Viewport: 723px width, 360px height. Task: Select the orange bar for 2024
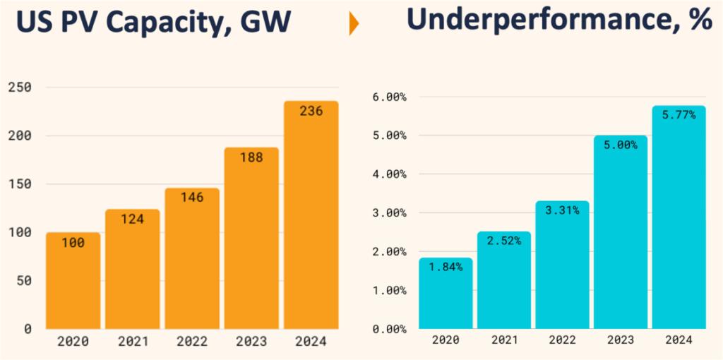(x=311, y=219)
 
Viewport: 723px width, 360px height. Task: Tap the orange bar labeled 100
(x=73, y=282)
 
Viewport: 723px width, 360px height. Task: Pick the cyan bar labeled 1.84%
(x=445, y=296)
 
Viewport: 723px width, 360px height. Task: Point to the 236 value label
(x=311, y=112)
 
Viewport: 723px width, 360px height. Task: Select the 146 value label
(x=192, y=198)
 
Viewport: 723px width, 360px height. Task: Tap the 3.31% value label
(x=562, y=210)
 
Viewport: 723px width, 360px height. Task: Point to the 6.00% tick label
(x=388, y=97)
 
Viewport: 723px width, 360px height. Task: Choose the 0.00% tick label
(x=388, y=329)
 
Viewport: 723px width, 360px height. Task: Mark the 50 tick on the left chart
(x=24, y=280)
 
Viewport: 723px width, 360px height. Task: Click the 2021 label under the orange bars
(x=132, y=342)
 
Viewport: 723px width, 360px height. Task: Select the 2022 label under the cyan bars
(x=562, y=340)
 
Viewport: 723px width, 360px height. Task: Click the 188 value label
(x=251, y=157)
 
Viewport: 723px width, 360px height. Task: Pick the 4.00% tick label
(x=388, y=174)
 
